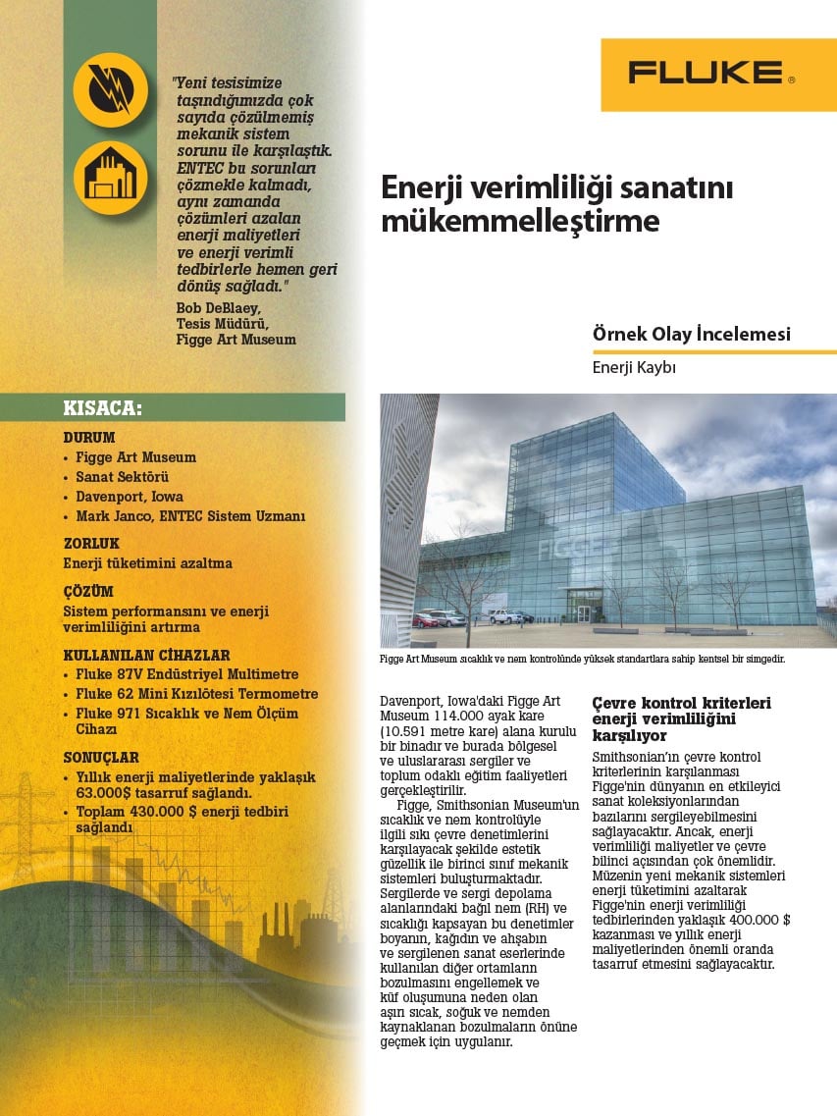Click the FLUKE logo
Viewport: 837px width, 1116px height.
[711, 73]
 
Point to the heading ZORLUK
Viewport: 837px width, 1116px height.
[91, 543]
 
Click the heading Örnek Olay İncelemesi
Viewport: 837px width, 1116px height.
[691, 335]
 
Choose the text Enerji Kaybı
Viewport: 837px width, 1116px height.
[635, 368]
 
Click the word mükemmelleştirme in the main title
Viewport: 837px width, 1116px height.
[519, 221]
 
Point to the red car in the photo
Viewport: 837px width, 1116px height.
[425, 620]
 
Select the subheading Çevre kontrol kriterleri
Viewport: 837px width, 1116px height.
[681, 704]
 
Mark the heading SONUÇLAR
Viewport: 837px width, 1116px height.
[101, 759]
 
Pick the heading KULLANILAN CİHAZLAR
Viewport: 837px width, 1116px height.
[146, 655]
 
